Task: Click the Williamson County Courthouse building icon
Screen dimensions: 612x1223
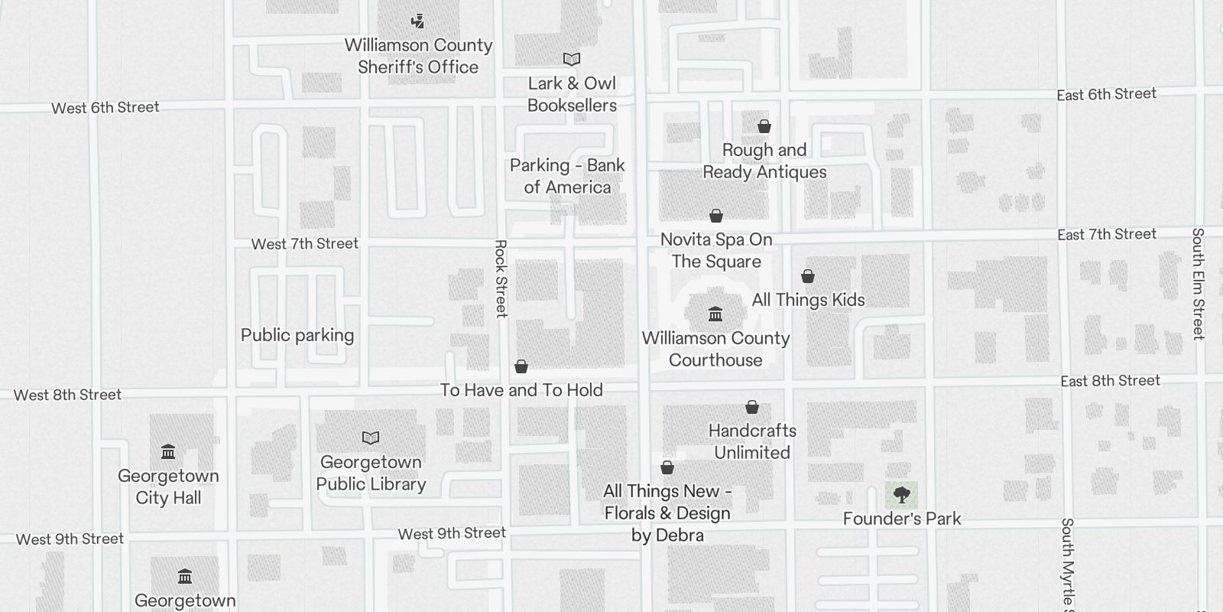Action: pyautogui.click(x=715, y=314)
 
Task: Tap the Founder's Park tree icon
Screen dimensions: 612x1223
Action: pyautogui.click(x=902, y=495)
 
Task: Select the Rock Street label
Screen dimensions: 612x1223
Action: pyautogui.click(x=501, y=278)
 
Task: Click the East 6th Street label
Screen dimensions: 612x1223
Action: pyautogui.click(x=1106, y=94)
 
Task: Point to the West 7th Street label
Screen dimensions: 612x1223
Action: pyautogui.click(x=304, y=244)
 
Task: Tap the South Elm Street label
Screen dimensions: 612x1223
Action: pyautogui.click(x=1198, y=283)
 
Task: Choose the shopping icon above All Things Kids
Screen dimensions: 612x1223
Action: pyautogui.click(x=808, y=276)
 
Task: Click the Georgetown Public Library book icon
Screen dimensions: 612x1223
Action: pyautogui.click(x=371, y=438)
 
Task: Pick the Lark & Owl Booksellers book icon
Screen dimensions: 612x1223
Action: pyautogui.click(x=572, y=60)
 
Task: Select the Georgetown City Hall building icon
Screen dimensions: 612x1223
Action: pyautogui.click(x=168, y=452)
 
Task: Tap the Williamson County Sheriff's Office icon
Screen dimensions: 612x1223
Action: pyautogui.click(x=417, y=21)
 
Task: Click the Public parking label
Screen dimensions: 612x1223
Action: pyautogui.click(x=297, y=335)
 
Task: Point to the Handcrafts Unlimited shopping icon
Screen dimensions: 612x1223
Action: pyautogui.click(x=752, y=407)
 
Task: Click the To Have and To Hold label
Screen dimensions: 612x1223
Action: pyautogui.click(x=521, y=390)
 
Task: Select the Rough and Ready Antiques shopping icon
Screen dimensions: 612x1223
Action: pyautogui.click(x=764, y=126)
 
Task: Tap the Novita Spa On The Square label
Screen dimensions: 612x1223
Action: pyautogui.click(x=716, y=250)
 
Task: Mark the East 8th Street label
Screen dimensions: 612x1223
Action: pyautogui.click(x=1110, y=381)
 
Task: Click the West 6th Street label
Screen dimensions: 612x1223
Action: pyautogui.click(x=105, y=108)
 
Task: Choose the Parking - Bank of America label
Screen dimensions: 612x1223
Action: pyautogui.click(x=567, y=176)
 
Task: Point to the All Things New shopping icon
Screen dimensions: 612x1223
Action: pyautogui.click(x=667, y=467)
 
